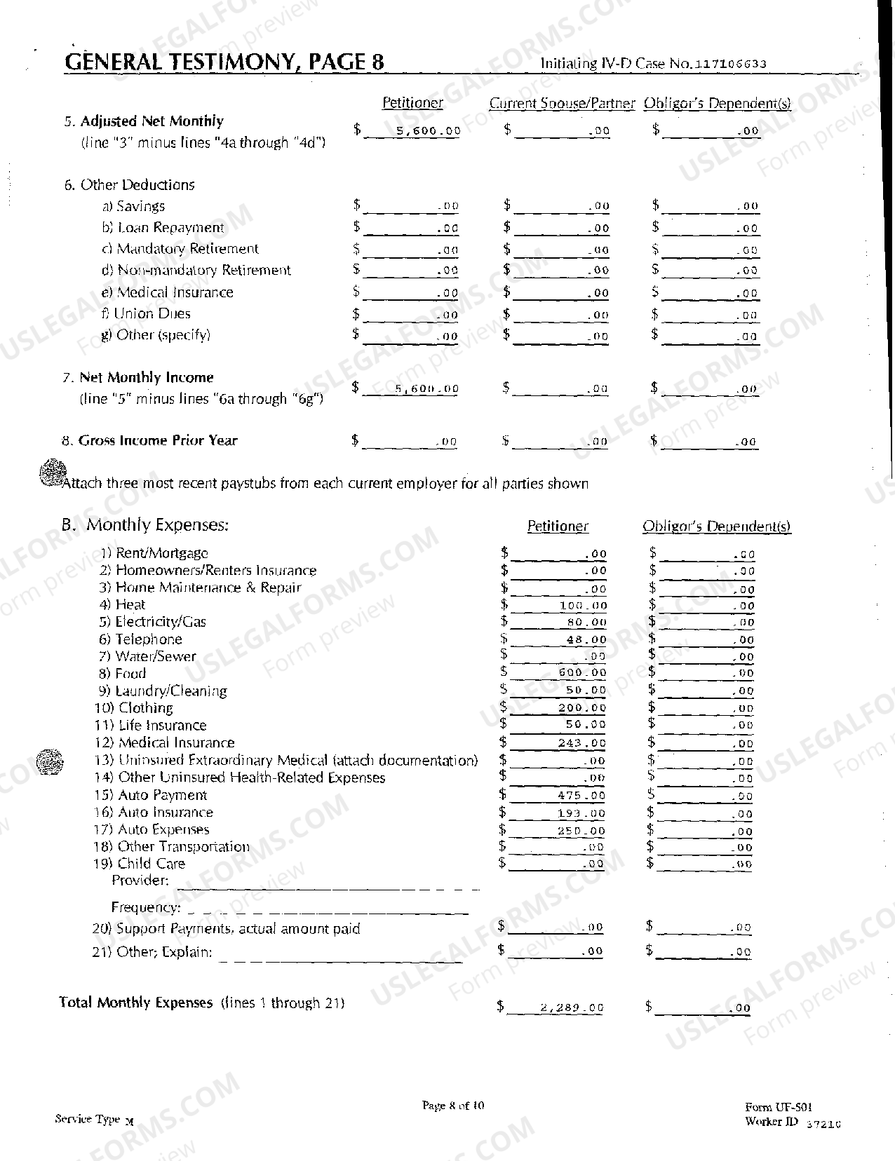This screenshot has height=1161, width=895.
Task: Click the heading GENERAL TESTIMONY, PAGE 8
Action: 224,62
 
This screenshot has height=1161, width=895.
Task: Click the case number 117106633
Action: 730,64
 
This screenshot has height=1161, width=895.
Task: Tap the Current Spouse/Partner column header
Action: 561,103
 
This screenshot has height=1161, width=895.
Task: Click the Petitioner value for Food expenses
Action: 581,672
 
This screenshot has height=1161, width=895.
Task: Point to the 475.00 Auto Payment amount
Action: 581,795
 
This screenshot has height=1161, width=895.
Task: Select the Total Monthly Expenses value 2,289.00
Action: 571,1007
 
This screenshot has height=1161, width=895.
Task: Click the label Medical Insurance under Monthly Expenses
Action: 176,742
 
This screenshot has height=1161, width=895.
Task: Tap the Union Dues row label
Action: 152,313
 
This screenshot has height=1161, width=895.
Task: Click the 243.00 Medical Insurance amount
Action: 581,743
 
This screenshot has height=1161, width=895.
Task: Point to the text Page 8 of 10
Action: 452,1106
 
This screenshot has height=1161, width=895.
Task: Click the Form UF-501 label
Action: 779,1107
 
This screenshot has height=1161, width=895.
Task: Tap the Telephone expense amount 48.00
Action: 586,639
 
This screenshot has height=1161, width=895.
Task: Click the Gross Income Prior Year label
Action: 158,440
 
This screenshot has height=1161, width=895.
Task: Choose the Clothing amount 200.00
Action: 581,708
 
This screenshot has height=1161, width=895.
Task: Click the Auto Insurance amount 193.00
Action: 581,813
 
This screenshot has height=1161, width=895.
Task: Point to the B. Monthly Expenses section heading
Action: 145,524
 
